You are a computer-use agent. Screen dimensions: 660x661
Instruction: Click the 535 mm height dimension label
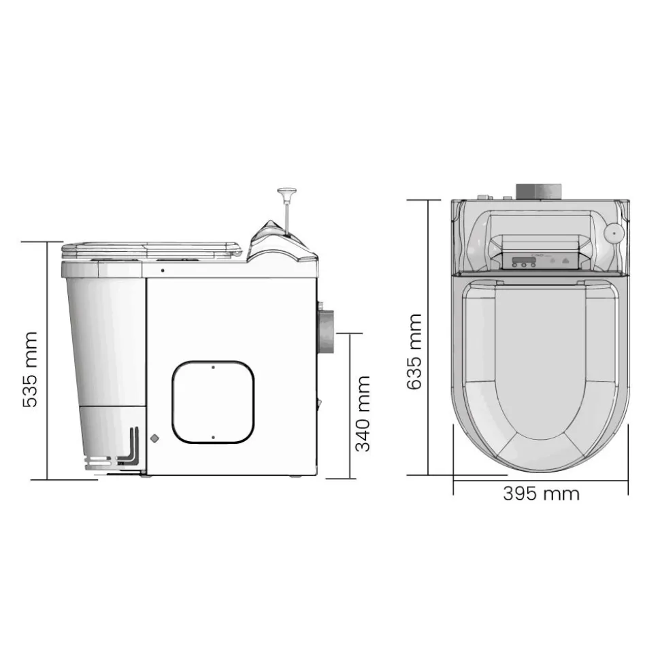point(30,369)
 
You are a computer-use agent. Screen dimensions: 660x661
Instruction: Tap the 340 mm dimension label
point(363,413)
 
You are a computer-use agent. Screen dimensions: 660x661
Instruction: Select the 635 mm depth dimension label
point(414,351)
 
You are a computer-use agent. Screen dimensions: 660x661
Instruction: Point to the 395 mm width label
point(541,494)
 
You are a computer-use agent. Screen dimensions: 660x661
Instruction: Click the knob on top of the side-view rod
point(287,193)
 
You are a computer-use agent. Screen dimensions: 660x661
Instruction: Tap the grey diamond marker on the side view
point(154,438)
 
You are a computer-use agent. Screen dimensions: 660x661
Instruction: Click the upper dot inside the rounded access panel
point(213,368)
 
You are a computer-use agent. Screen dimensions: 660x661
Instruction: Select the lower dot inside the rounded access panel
point(213,438)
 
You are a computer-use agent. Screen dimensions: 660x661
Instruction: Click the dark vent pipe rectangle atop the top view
point(539,191)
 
